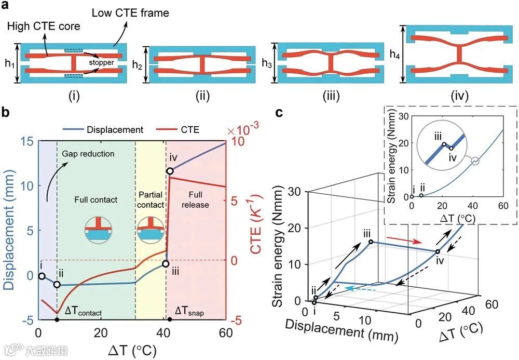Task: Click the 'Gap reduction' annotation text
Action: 88,154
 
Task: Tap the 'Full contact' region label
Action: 96,199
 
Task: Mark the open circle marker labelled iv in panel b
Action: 170,171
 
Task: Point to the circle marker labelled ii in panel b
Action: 57,285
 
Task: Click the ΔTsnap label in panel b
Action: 190,311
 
